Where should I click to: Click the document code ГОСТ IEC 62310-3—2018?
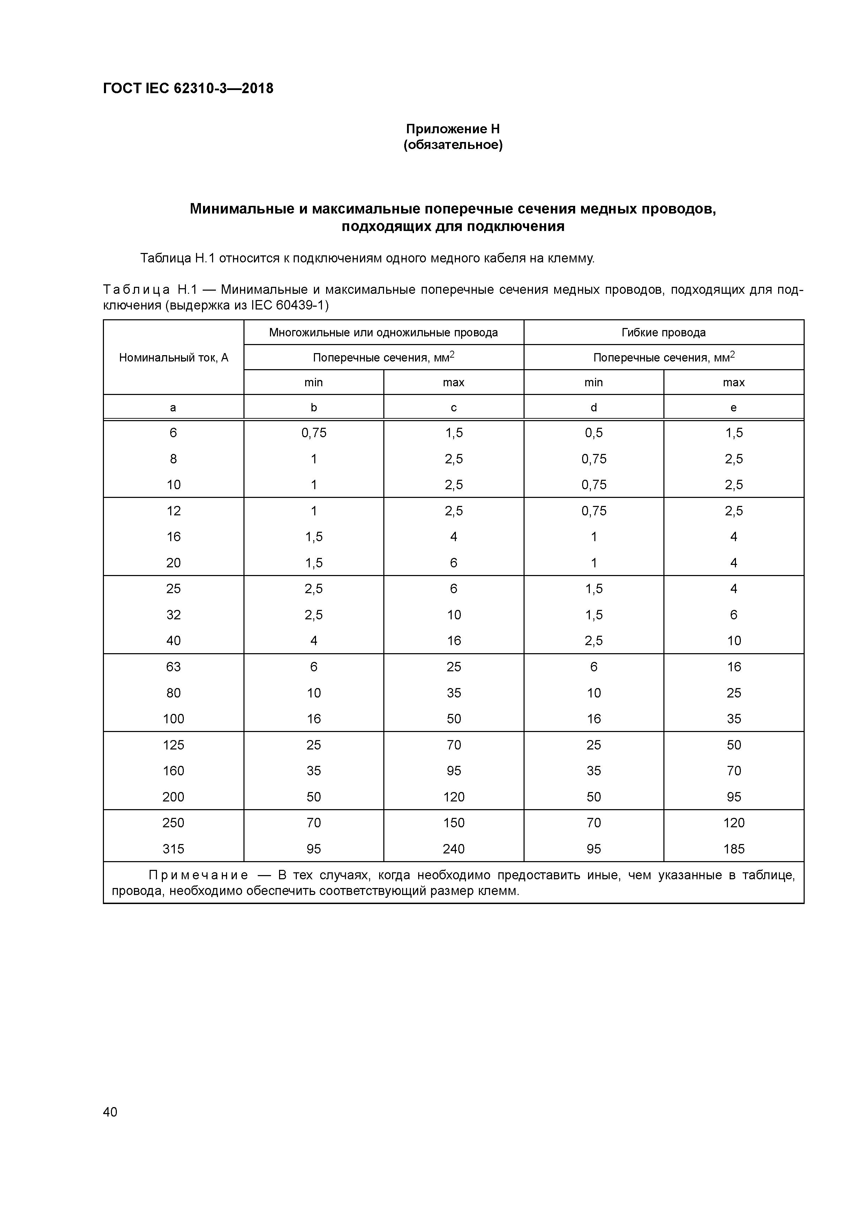pyautogui.click(x=188, y=89)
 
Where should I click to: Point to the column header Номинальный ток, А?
pyautogui.click(x=173, y=357)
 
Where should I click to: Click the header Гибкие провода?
pyautogui.click(x=663, y=333)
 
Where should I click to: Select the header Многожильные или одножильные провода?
pyautogui.click(x=383, y=333)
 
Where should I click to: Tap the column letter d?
pyautogui.click(x=593, y=408)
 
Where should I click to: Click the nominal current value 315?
pyautogui.click(x=173, y=849)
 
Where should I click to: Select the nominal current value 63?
pyautogui.click(x=173, y=667)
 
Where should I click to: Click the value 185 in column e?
pyautogui.click(x=734, y=849)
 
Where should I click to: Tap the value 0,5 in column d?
pyautogui.click(x=593, y=433)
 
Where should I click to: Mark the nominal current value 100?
pyautogui.click(x=173, y=719)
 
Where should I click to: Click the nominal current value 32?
pyautogui.click(x=173, y=615)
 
